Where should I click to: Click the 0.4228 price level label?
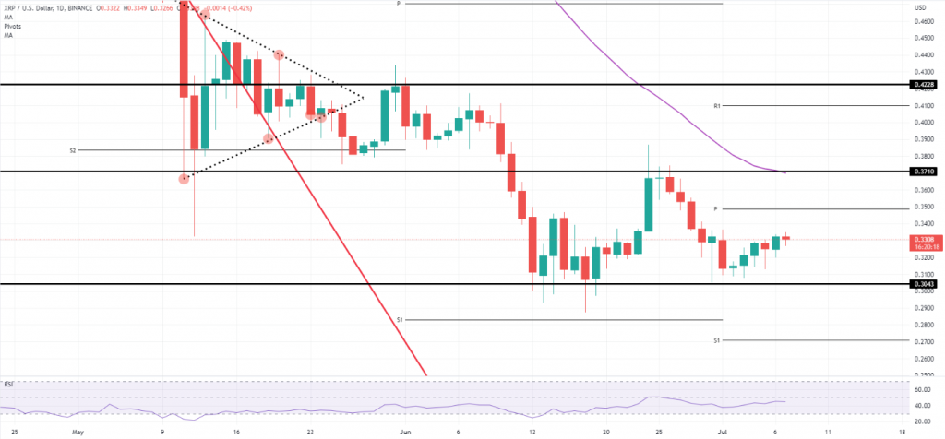[924, 84]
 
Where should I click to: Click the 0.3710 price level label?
[924, 172]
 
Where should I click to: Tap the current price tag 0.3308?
[924, 239]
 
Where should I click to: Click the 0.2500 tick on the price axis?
[922, 375]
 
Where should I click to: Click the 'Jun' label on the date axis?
[404, 431]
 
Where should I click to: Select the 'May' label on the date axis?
[78, 431]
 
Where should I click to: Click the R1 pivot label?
[717, 106]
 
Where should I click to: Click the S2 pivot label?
[72, 149]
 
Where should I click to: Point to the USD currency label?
[919, 8]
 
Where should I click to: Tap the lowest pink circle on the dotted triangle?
[185, 178]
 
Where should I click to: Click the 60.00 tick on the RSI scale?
[921, 390]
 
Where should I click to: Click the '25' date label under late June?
[659, 431]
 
